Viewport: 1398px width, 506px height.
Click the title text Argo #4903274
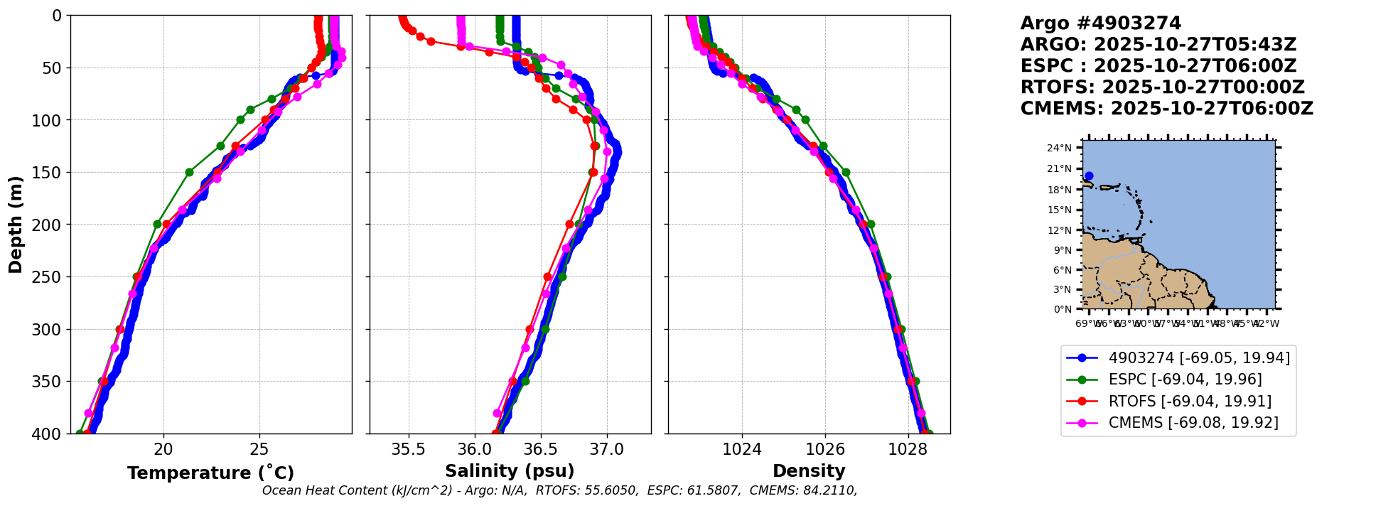[x=1100, y=23]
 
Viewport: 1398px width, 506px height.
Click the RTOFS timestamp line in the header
[x=1162, y=87]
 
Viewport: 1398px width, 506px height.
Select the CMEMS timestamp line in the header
[x=1166, y=109]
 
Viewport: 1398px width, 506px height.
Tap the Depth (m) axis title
[x=15, y=225]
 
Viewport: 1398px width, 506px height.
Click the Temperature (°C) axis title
[x=210, y=473]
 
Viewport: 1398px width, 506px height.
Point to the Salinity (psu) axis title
[x=510, y=471]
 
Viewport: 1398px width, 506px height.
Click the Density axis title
[x=809, y=471]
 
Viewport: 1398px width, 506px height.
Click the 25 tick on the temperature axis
[x=259, y=450]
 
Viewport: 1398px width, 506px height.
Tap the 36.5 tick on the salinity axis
[x=540, y=450]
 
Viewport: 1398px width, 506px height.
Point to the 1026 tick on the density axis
[x=825, y=450]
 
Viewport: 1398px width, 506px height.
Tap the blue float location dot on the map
[x=1089, y=176]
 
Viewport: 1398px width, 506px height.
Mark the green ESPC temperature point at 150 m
[x=189, y=172]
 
